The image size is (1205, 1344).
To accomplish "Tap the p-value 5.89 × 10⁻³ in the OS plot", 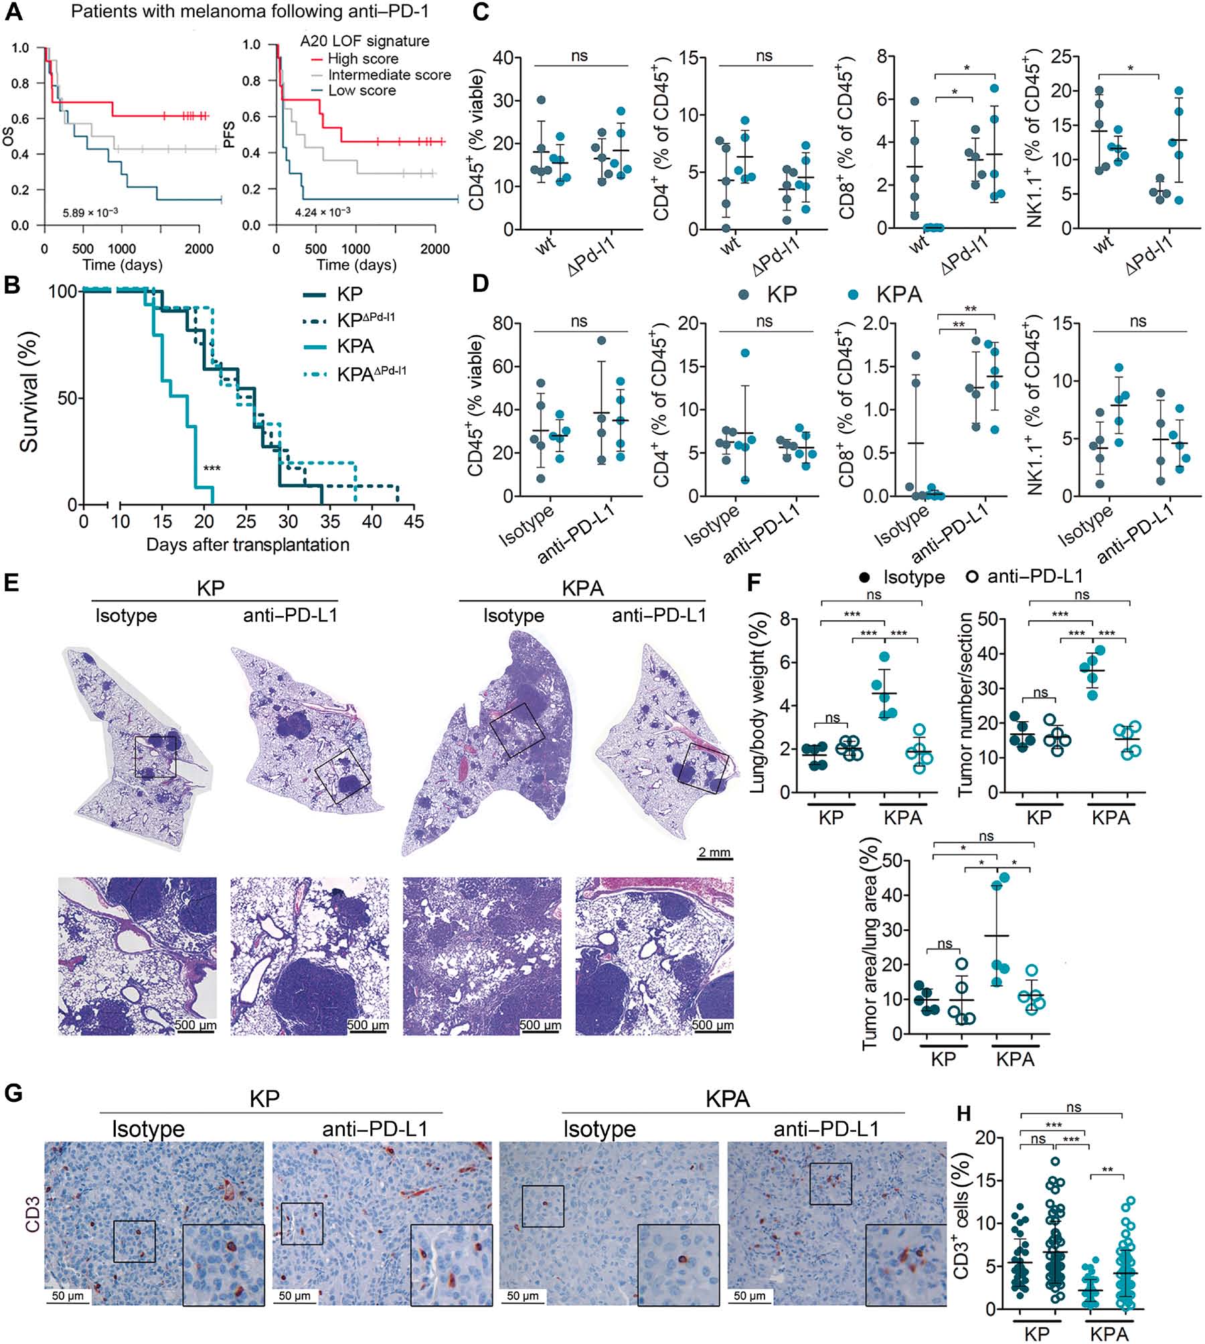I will pos(90,212).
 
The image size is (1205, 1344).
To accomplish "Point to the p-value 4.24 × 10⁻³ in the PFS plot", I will pos(323,212).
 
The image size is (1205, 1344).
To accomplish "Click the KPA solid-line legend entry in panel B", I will pos(355,346).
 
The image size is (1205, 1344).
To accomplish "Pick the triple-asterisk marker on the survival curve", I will pos(212,469).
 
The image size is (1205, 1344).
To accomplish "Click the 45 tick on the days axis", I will pos(414,521).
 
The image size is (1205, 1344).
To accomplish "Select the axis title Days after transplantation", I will pos(248,545).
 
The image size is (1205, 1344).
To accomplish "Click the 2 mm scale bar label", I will pos(714,852).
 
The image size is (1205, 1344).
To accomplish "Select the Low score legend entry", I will pos(361,90).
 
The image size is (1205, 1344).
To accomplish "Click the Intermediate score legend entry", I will pos(389,75).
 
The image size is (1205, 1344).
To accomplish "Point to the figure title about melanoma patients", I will pos(250,11).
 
